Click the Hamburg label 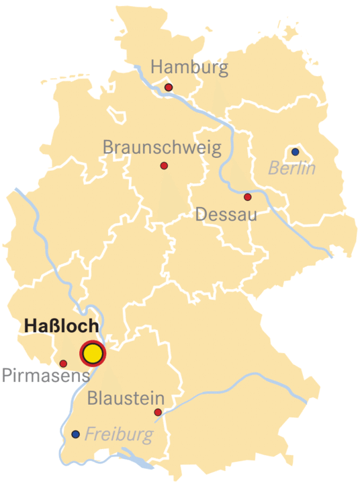[189, 68]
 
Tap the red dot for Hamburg [169, 87]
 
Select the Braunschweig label [161, 147]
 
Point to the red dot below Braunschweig [164, 166]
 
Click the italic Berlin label [292, 168]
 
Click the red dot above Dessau [248, 197]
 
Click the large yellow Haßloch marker [93, 353]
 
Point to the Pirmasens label [45, 375]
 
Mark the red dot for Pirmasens [63, 364]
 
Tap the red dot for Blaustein [158, 412]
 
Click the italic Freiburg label [119, 435]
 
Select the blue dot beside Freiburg [75, 434]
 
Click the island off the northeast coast [290, 32]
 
